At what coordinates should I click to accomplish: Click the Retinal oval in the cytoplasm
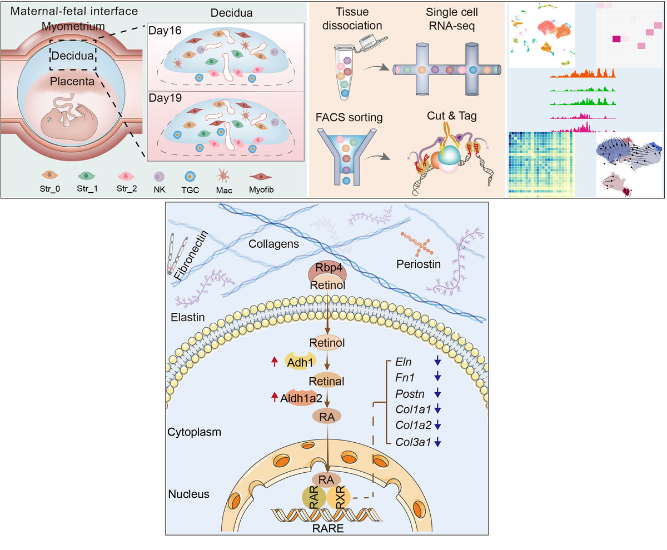(327, 382)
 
